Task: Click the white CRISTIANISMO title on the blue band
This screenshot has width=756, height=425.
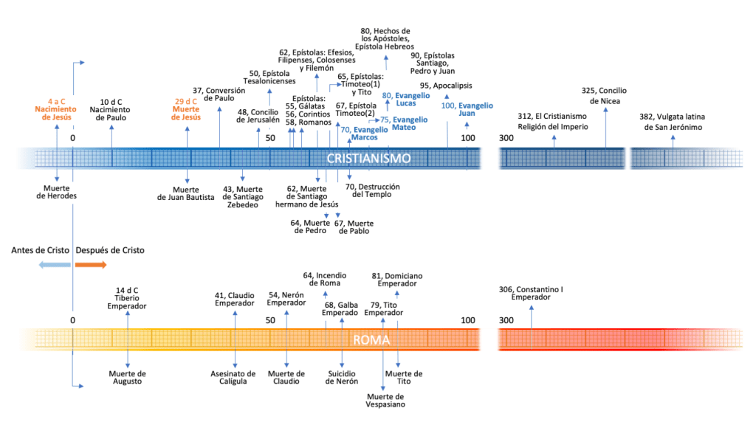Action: click(368, 159)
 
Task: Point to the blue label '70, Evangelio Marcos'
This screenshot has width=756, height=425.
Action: click(360, 134)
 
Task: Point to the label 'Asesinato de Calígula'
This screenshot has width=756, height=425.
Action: click(233, 377)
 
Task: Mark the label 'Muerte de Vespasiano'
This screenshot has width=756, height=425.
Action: click(385, 400)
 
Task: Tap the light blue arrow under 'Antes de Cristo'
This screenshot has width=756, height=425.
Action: click(56, 264)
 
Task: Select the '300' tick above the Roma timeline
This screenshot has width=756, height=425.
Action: click(506, 320)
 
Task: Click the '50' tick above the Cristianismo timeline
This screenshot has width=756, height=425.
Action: click(270, 138)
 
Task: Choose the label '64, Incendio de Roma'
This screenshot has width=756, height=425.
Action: click(326, 279)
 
